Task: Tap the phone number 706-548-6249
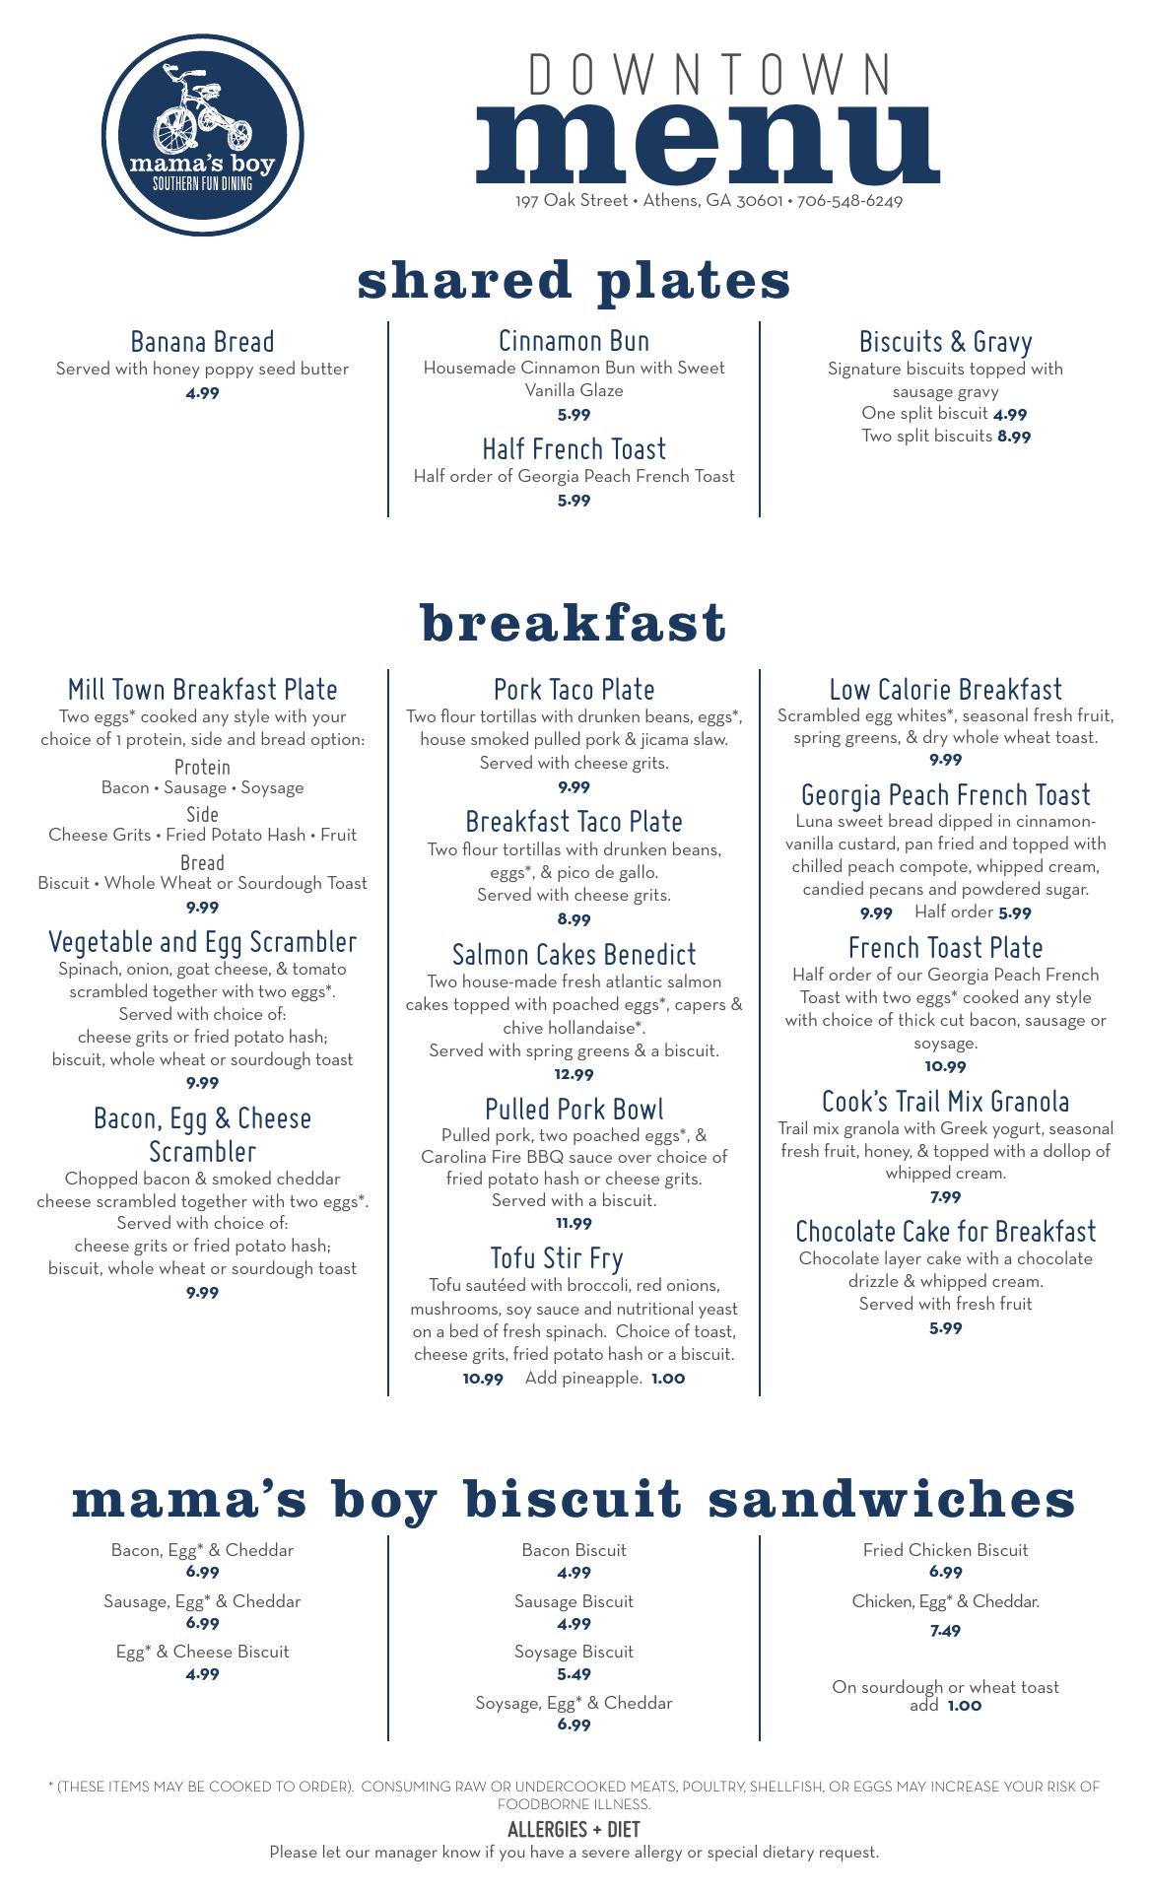click(849, 201)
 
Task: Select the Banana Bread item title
click(202, 342)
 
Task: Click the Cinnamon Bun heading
click(574, 341)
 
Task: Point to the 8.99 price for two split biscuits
click(1014, 437)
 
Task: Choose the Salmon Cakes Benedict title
click(574, 954)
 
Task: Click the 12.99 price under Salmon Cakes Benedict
click(574, 1074)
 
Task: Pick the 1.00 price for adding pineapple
click(668, 1379)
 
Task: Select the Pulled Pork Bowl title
click(574, 1109)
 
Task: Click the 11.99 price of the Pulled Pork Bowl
click(574, 1224)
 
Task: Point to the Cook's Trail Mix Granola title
click(945, 1101)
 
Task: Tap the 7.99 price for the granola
click(945, 1197)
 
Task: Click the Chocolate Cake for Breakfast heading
click(945, 1232)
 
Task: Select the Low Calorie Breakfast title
click(945, 690)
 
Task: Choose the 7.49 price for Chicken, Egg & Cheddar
click(945, 1631)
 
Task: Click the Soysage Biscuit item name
click(574, 1652)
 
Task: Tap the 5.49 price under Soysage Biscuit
click(574, 1674)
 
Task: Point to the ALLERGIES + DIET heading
click(574, 1830)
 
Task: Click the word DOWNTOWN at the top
click(710, 75)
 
